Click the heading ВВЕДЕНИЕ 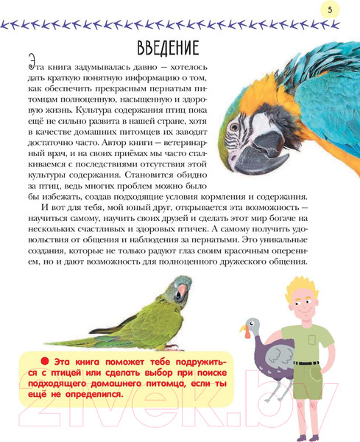pos(168,49)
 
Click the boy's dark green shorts pos(308,373)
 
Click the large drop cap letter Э pos(32,63)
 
